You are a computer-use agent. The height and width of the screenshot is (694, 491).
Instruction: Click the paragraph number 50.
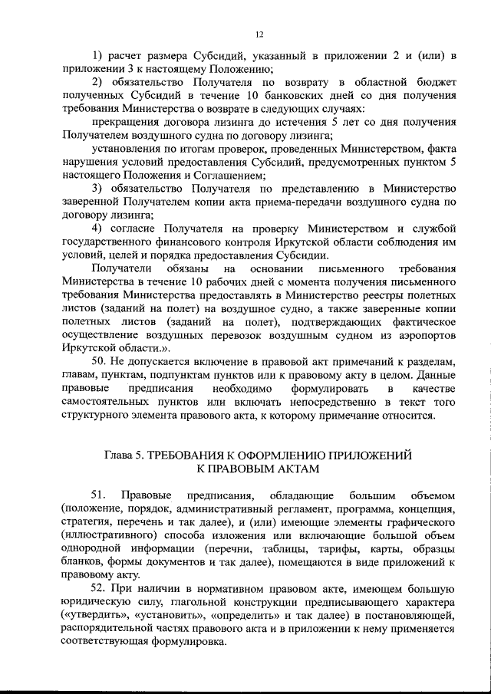coord(100,361)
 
